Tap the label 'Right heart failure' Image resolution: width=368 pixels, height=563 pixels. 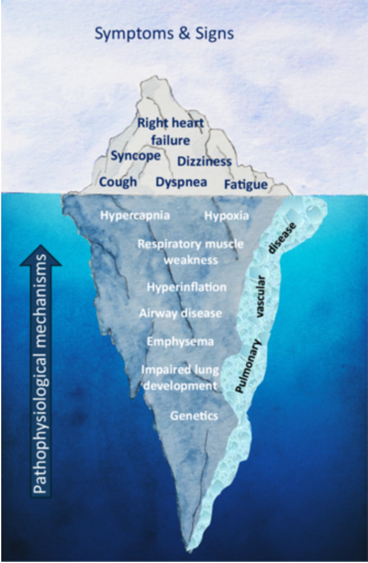171,132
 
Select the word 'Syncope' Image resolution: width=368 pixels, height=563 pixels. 136,156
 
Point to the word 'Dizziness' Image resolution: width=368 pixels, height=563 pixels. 205,161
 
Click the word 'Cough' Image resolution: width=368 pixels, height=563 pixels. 118,182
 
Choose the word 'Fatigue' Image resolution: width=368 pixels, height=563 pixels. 245,184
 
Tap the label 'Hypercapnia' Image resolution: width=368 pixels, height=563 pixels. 135,215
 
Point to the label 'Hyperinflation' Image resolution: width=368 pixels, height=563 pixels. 186,287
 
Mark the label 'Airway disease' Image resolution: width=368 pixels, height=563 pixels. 180,313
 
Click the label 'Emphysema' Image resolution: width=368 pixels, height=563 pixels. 180,342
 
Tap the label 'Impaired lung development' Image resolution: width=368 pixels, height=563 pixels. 179,377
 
